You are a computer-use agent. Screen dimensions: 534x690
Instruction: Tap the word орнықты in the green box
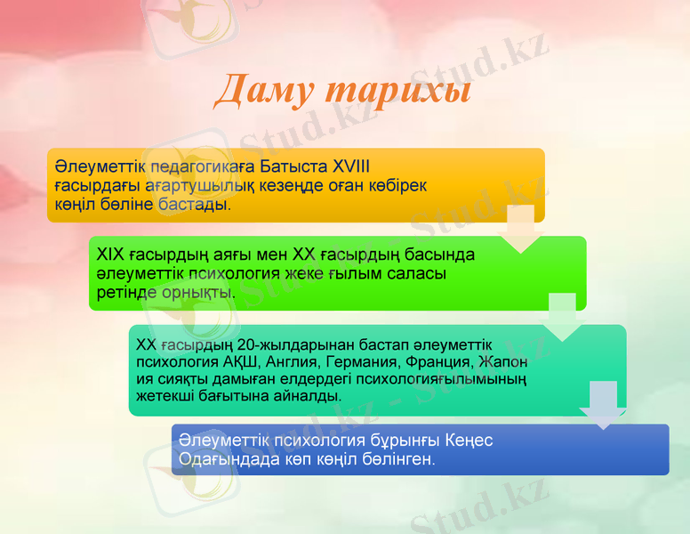click(x=203, y=293)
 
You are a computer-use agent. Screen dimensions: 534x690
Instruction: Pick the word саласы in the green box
click(x=415, y=274)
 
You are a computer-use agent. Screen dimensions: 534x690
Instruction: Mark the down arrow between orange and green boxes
click(x=520, y=229)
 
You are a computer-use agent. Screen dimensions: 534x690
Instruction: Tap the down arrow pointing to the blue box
click(x=603, y=405)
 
